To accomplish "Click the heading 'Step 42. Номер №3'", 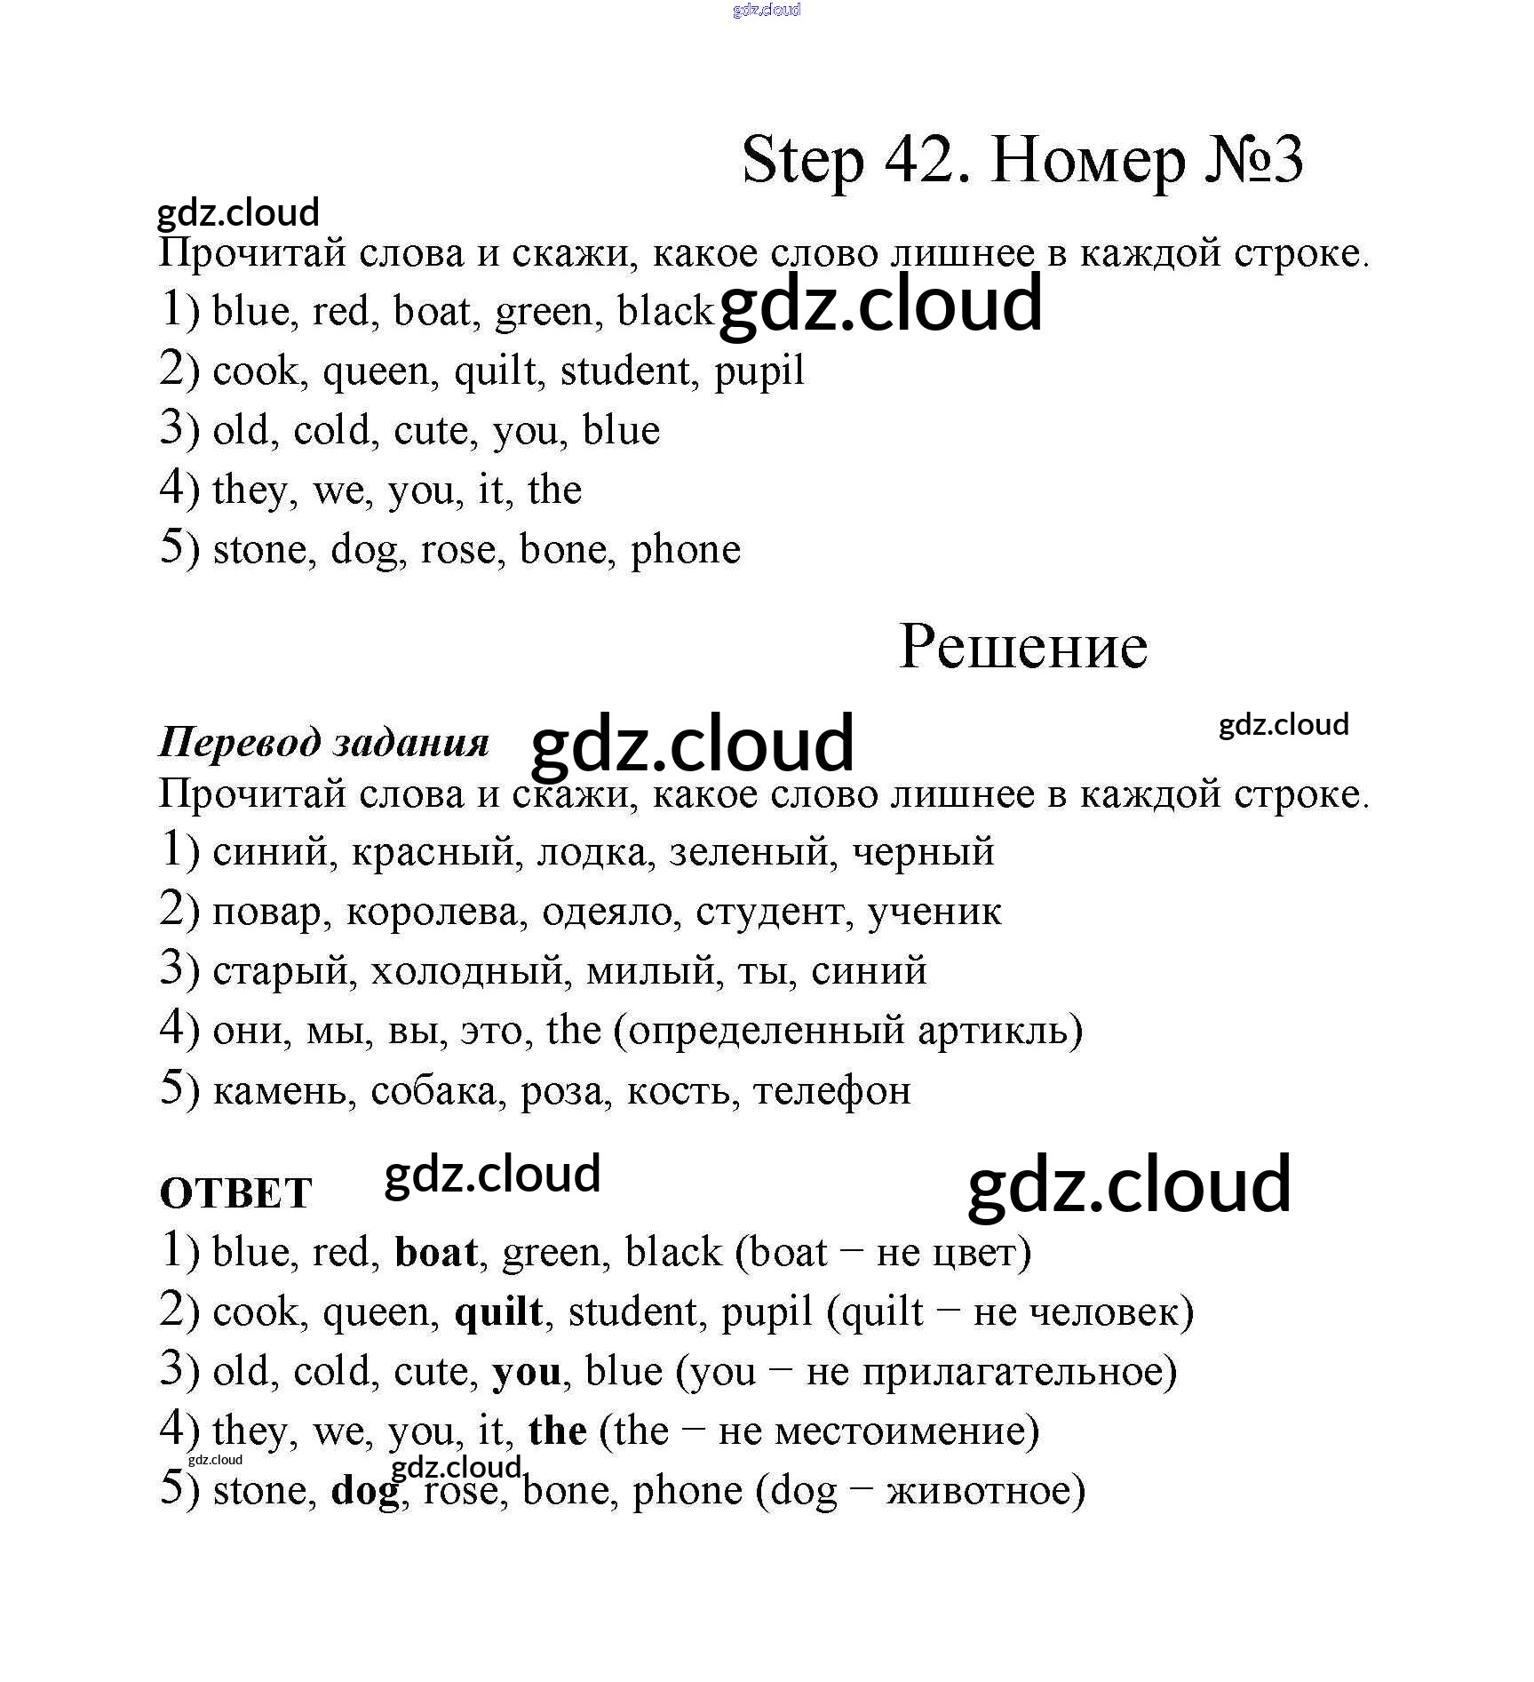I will tap(1021, 161).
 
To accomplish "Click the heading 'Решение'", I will tap(1023, 647).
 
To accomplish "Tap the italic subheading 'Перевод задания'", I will tap(324, 742).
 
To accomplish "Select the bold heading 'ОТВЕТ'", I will tap(236, 1193).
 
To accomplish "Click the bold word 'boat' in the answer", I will tap(436, 1253).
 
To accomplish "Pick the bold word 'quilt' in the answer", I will tap(498, 1312).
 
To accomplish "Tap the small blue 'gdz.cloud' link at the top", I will tap(767, 10).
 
